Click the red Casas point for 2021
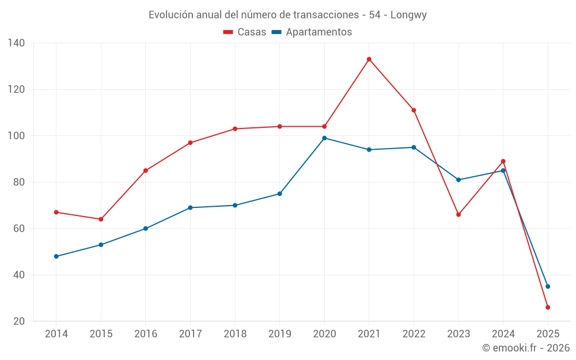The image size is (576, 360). [x=369, y=59]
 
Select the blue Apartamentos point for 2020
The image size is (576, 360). [x=324, y=138]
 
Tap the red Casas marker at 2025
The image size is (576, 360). [x=548, y=308]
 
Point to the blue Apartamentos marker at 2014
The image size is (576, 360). [x=56, y=256]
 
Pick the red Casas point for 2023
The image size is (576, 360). [x=458, y=215]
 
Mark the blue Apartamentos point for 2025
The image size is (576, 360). [x=548, y=286]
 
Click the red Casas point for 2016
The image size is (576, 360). [x=146, y=170]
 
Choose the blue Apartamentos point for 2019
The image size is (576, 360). [x=280, y=194]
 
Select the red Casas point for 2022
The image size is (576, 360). [x=414, y=110]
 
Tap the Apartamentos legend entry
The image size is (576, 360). [x=312, y=32]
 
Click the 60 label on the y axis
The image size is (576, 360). [x=19, y=229]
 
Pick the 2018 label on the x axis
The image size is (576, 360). [x=235, y=334]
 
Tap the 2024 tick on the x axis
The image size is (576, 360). [x=503, y=334]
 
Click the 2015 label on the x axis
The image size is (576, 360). [x=101, y=334]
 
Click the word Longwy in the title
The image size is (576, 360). [x=408, y=15]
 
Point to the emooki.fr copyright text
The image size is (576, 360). [x=526, y=348]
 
